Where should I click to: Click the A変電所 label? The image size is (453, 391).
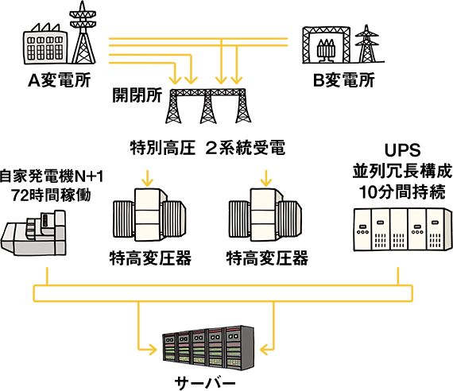(x=60, y=80)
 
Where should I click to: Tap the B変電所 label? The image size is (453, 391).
(x=344, y=80)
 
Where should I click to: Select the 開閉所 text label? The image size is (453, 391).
(x=137, y=95)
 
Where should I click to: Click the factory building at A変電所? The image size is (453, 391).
(x=45, y=45)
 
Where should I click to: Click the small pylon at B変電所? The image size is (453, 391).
(x=367, y=45)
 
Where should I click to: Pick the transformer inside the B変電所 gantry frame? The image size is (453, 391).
(x=326, y=51)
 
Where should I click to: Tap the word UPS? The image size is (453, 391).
(x=402, y=150)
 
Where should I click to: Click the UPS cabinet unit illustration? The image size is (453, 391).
(x=403, y=229)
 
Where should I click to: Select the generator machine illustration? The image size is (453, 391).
(x=33, y=233)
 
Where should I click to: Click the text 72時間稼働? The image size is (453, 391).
(x=51, y=195)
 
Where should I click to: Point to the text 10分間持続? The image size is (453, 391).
(x=402, y=192)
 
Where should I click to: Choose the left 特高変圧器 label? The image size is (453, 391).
(x=150, y=258)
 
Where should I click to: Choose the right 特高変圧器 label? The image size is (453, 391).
(x=267, y=258)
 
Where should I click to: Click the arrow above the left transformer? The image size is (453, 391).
(x=147, y=178)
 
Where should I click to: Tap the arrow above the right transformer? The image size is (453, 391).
(x=265, y=178)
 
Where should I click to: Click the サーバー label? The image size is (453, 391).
(x=205, y=383)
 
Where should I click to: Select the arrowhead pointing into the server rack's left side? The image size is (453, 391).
(x=153, y=350)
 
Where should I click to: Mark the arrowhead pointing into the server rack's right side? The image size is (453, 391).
(x=264, y=350)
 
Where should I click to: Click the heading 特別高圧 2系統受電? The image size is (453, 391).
(x=207, y=148)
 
